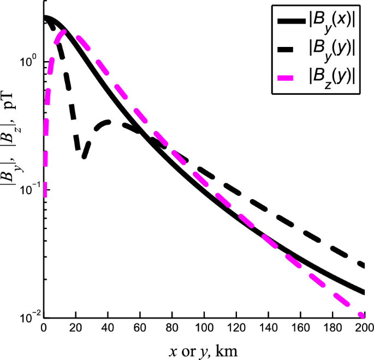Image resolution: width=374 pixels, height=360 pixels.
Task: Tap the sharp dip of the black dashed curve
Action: (x=84, y=157)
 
